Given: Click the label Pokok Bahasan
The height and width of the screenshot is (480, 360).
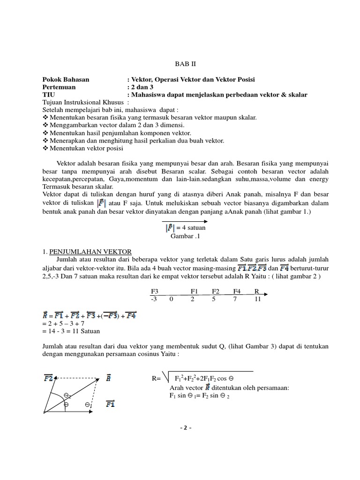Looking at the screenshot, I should point(66,80).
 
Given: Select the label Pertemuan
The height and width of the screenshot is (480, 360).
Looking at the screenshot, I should point(59,87).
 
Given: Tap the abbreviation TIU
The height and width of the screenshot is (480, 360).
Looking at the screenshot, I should point(48,95).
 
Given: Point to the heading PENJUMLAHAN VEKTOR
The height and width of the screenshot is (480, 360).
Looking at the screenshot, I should point(90,252).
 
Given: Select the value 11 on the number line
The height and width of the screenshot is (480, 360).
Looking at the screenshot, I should point(257,299).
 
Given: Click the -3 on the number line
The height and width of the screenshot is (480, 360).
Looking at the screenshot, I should point(154,299).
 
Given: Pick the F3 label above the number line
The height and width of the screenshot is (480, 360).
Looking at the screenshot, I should point(154,291).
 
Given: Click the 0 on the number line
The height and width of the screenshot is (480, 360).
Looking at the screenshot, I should point(172,299).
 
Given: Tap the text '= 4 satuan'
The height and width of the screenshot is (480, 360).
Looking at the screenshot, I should point(190,228).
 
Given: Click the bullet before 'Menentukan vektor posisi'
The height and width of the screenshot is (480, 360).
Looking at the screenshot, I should point(45,148).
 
